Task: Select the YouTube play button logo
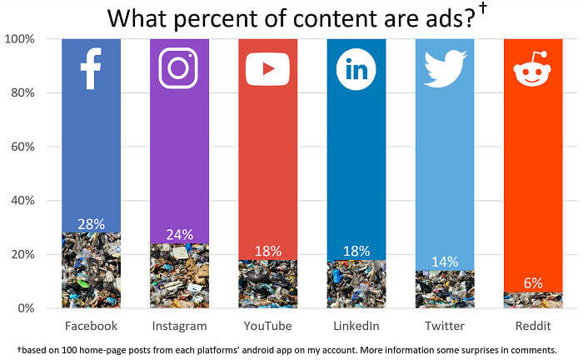(267, 69)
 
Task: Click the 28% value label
(91, 223)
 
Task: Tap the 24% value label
(179, 234)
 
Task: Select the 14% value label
(444, 262)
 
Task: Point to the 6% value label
(533, 283)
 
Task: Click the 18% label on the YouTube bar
(267, 251)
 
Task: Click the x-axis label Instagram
(179, 326)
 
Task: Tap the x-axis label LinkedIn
(356, 326)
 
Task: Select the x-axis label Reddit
(532, 326)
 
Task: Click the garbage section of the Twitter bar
(444, 290)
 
